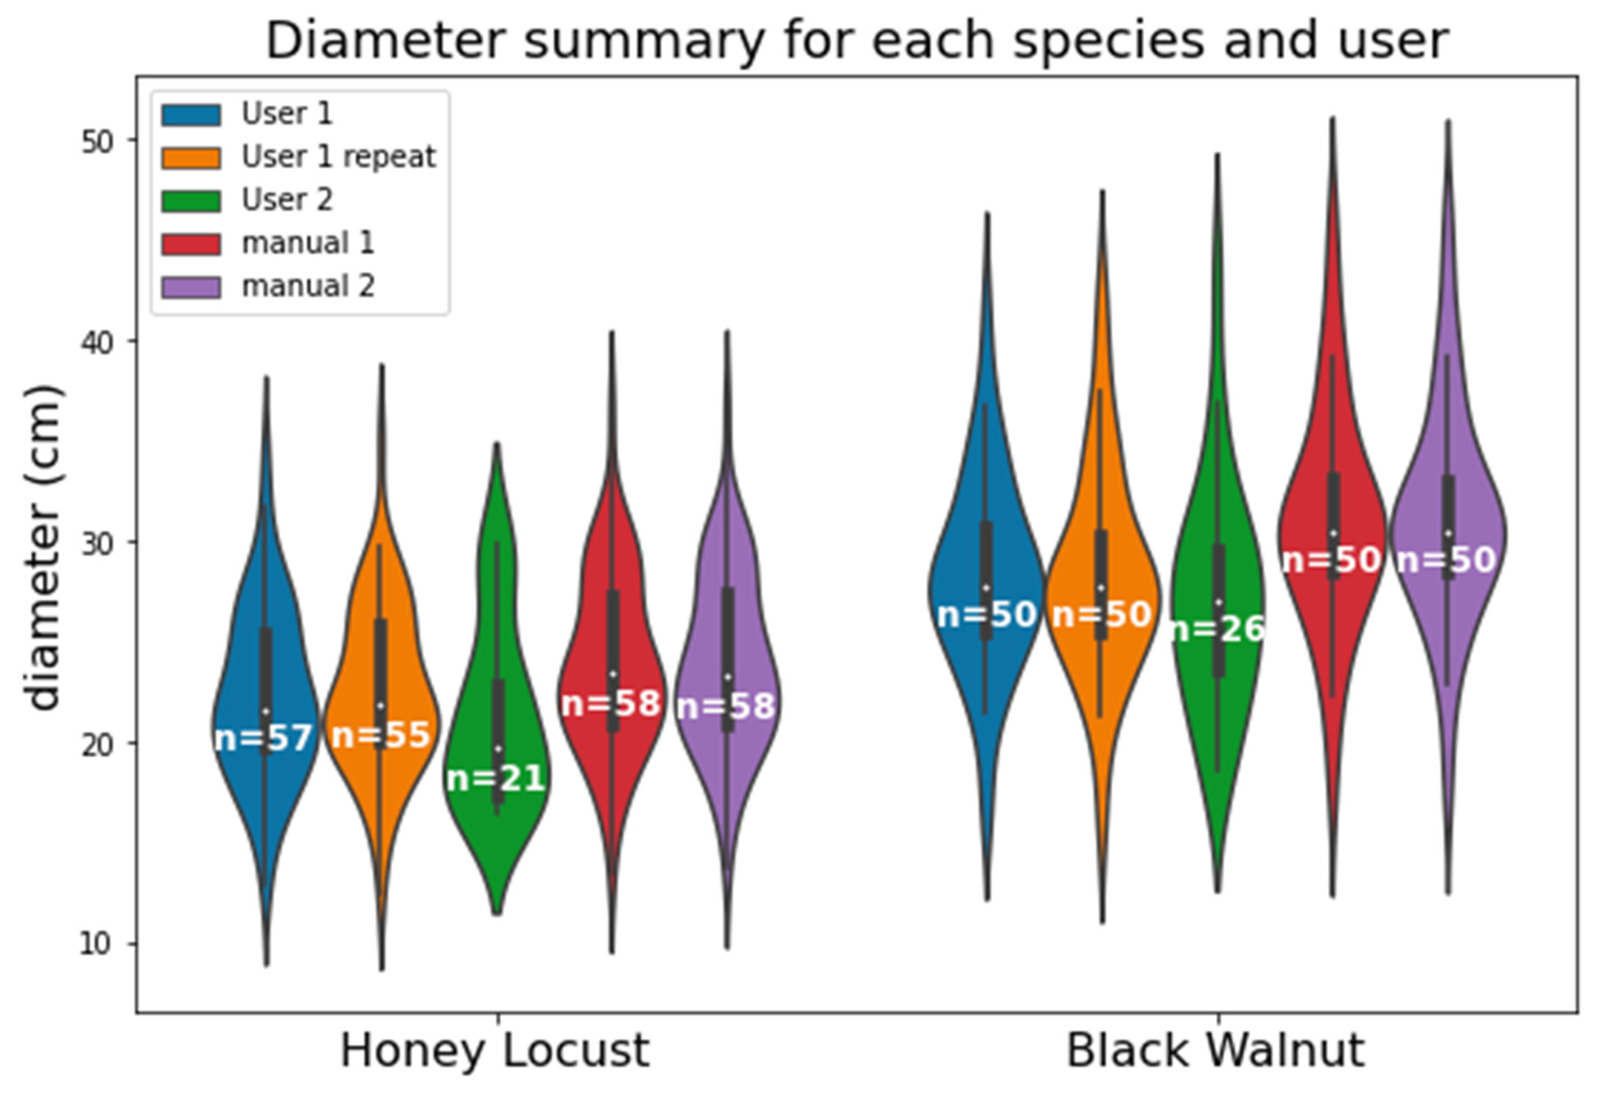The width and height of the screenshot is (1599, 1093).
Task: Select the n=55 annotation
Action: pyautogui.click(x=380, y=735)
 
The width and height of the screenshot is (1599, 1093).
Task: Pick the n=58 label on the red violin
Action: pyautogui.click(x=611, y=703)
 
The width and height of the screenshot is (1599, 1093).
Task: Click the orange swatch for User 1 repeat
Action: pyautogui.click(x=191, y=158)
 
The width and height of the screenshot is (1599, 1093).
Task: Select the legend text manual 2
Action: pyautogui.click(x=308, y=286)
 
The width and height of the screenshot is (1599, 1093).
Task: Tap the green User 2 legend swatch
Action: pyautogui.click(x=191, y=201)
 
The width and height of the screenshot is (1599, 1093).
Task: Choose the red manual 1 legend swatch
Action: pyautogui.click(x=191, y=244)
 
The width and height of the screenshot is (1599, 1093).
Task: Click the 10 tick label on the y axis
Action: pyautogui.click(x=96, y=944)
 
